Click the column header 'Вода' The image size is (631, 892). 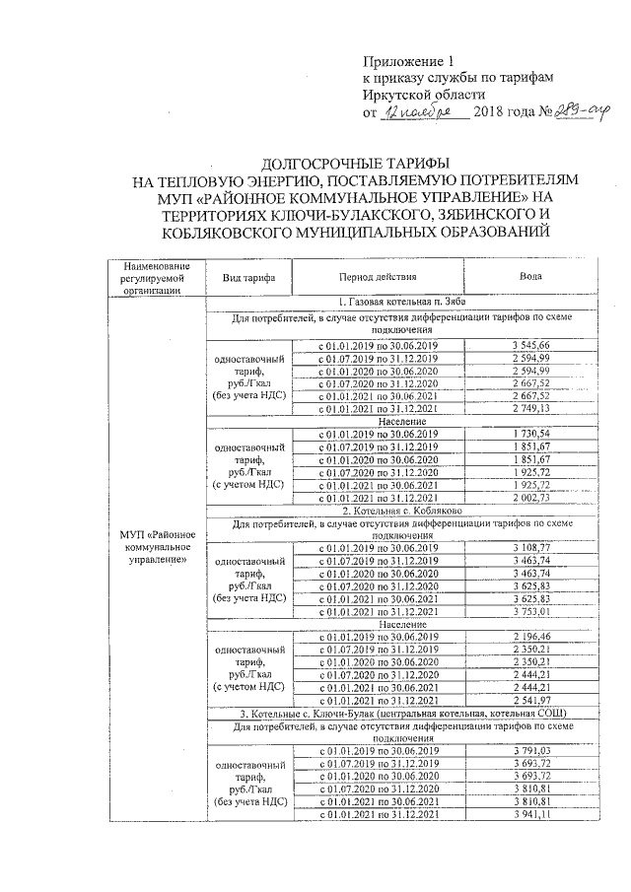(531, 278)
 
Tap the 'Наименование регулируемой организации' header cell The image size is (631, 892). (150, 278)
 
